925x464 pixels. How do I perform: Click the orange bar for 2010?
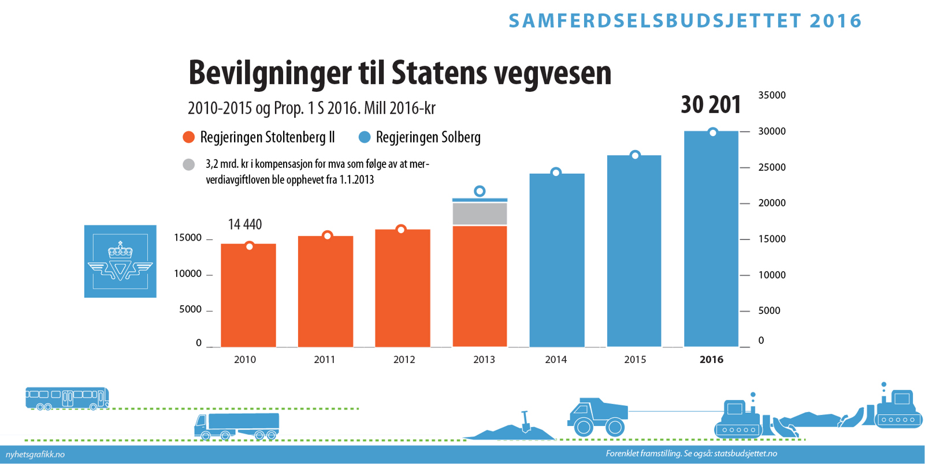tap(248, 295)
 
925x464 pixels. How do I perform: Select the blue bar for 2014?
tap(557, 260)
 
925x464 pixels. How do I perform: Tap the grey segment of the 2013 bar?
tap(480, 214)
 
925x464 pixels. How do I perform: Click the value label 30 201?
tap(711, 105)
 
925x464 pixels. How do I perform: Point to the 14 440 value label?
tap(245, 224)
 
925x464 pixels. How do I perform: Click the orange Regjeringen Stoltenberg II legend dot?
tap(188, 137)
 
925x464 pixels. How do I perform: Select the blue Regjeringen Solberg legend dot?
tap(365, 137)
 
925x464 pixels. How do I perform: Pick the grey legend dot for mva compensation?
tap(189, 165)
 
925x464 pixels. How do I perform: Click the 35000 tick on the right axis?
tap(772, 95)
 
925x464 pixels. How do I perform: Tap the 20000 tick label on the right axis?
tap(772, 203)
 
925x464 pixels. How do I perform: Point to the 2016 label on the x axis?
tap(711, 360)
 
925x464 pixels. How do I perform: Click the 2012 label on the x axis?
tap(404, 360)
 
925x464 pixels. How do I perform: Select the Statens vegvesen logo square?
tap(120, 261)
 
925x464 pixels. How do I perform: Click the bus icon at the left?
tap(67, 398)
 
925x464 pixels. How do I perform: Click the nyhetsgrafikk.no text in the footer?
tap(35, 455)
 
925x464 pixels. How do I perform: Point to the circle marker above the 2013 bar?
tap(480, 191)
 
